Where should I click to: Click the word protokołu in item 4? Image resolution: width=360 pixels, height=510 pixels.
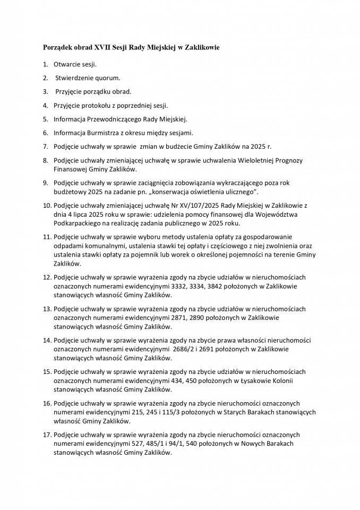101,105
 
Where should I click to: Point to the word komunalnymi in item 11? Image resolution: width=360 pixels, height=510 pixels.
100,245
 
